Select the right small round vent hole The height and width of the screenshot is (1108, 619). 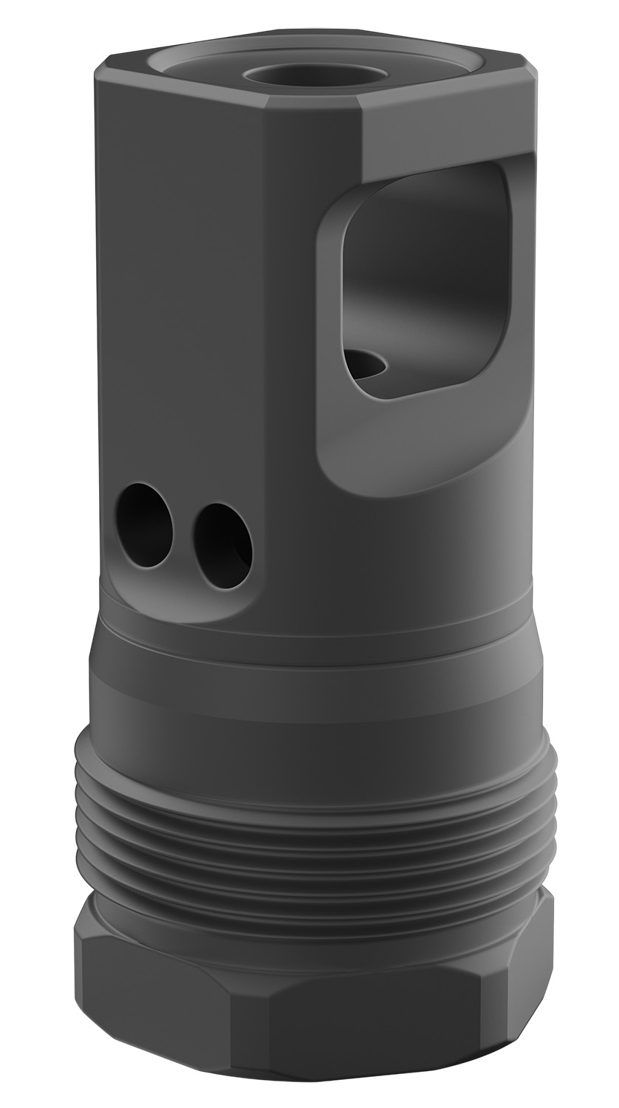224,546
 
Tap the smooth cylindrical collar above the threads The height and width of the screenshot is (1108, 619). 310,687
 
